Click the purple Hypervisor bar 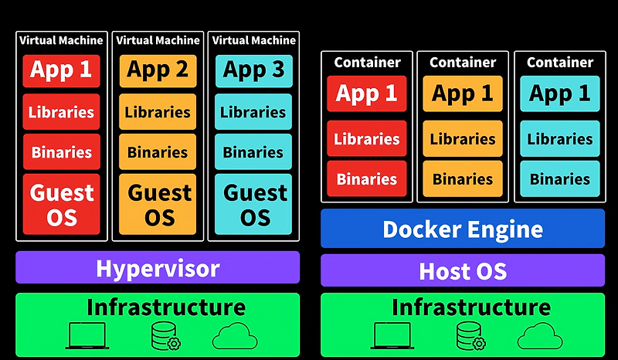coord(158,268)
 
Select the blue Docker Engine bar coord(462,229)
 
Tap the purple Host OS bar coord(462,271)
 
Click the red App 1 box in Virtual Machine coord(61,70)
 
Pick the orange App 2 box coord(158,70)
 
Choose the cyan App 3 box coord(253,70)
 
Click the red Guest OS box coord(61,204)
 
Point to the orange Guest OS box coord(158,204)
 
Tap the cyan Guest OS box coord(253,204)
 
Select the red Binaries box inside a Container coord(366,179)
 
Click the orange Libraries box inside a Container coord(463,139)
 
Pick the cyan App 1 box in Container coord(560,94)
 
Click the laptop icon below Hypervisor coord(86,336)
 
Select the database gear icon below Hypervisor coord(165,336)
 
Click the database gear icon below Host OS coord(470,336)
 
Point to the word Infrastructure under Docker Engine coord(470,307)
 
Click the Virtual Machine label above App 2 coord(158,40)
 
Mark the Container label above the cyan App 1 coord(560,62)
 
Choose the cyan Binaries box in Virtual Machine coord(253,152)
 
